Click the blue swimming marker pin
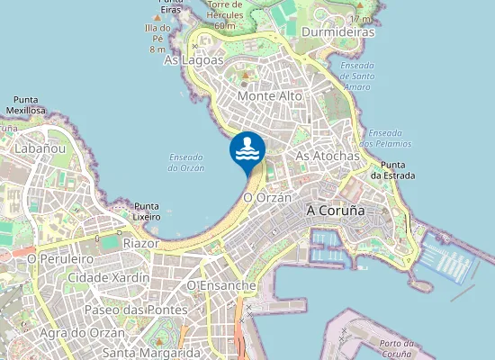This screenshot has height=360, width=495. coord(247,150)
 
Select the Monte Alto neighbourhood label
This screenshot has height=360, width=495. coord(269,94)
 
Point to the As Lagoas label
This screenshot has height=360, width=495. coord(193,59)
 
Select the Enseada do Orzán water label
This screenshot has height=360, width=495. coord(186,162)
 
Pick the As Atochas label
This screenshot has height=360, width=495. coord(328,156)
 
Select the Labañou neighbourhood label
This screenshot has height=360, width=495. coord(40,148)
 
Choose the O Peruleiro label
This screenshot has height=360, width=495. coord(62,258)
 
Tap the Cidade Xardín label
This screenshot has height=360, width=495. coord(109,278)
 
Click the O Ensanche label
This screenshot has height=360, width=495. coord(221,285)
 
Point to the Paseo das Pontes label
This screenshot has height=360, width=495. coord(135,309)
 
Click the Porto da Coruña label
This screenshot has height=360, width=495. coord(396,348)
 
